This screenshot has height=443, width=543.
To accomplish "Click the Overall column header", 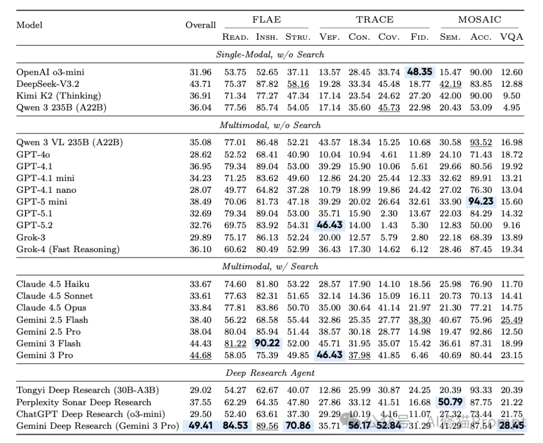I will [201, 25].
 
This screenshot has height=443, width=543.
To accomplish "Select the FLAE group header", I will [266, 20].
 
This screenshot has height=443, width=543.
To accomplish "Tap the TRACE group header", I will [375, 20].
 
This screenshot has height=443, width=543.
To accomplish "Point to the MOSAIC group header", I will [479, 20].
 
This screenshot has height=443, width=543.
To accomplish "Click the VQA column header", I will [511, 37].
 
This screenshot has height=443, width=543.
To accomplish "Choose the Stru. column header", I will [297, 37].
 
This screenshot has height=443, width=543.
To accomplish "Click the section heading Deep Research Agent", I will [270, 373].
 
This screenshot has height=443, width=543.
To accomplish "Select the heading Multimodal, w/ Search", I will [270, 266].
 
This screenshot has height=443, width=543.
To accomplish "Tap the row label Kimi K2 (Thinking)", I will [58, 95].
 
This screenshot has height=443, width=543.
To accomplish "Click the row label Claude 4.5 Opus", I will [51, 308].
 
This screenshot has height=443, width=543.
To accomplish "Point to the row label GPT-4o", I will [34, 155].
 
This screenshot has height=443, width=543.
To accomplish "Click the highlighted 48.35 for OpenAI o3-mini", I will [419, 72].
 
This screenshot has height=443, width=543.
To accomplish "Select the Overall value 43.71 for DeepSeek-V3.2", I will [201, 84].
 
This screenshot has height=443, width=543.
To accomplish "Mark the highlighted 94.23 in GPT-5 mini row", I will [481, 202].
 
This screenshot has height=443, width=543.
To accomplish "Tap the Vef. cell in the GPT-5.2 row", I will [329, 226].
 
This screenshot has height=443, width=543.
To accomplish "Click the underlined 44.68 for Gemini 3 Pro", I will [201, 355].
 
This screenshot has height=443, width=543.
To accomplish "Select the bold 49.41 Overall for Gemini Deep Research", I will [201, 426].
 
